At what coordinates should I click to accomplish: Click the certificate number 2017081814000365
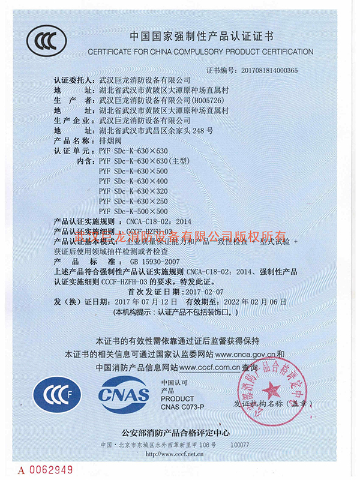tap(266, 70)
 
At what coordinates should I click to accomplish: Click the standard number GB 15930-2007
tap(154, 262)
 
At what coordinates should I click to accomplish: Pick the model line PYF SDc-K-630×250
tap(133, 200)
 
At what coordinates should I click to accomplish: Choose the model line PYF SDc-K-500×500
tap(133, 211)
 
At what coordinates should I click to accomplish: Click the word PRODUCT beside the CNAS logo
tap(178, 398)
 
